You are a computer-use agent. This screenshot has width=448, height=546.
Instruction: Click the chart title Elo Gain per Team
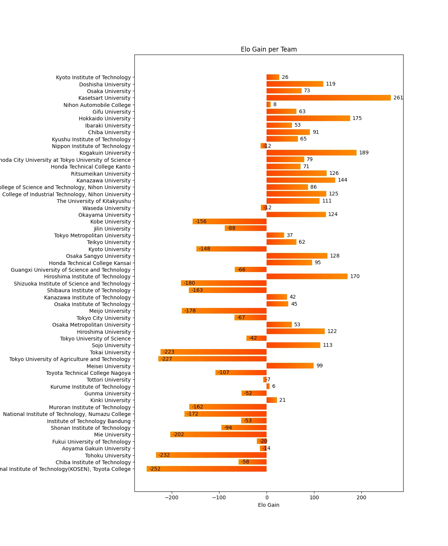(268, 49)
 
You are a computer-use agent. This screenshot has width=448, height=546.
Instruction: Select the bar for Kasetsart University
(329, 98)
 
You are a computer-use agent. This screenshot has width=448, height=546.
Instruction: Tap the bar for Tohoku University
(211, 455)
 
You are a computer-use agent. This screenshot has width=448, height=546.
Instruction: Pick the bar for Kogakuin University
(311, 153)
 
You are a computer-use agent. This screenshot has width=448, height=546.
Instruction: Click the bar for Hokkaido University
(308, 118)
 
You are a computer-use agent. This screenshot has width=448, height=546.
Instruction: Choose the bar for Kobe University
(230, 222)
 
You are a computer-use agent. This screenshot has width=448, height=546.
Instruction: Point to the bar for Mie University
(218, 435)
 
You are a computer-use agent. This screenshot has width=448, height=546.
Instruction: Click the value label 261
(398, 98)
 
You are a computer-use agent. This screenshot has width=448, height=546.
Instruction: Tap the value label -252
(155, 469)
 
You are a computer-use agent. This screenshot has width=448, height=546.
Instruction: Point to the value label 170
(355, 277)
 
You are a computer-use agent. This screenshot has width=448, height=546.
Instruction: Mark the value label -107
(224, 373)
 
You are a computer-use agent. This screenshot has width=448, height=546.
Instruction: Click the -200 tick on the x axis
(172, 497)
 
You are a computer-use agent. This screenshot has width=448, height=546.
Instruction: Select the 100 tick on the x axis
(314, 497)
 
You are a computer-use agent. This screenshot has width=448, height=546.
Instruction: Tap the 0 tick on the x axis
(267, 497)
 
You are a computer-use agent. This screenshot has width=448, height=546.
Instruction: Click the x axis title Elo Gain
(268, 505)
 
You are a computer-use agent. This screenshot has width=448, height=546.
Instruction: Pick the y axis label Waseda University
(107, 208)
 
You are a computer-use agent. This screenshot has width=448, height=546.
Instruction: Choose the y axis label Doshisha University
(105, 84)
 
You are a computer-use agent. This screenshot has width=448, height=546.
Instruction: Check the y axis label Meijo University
(110, 311)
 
